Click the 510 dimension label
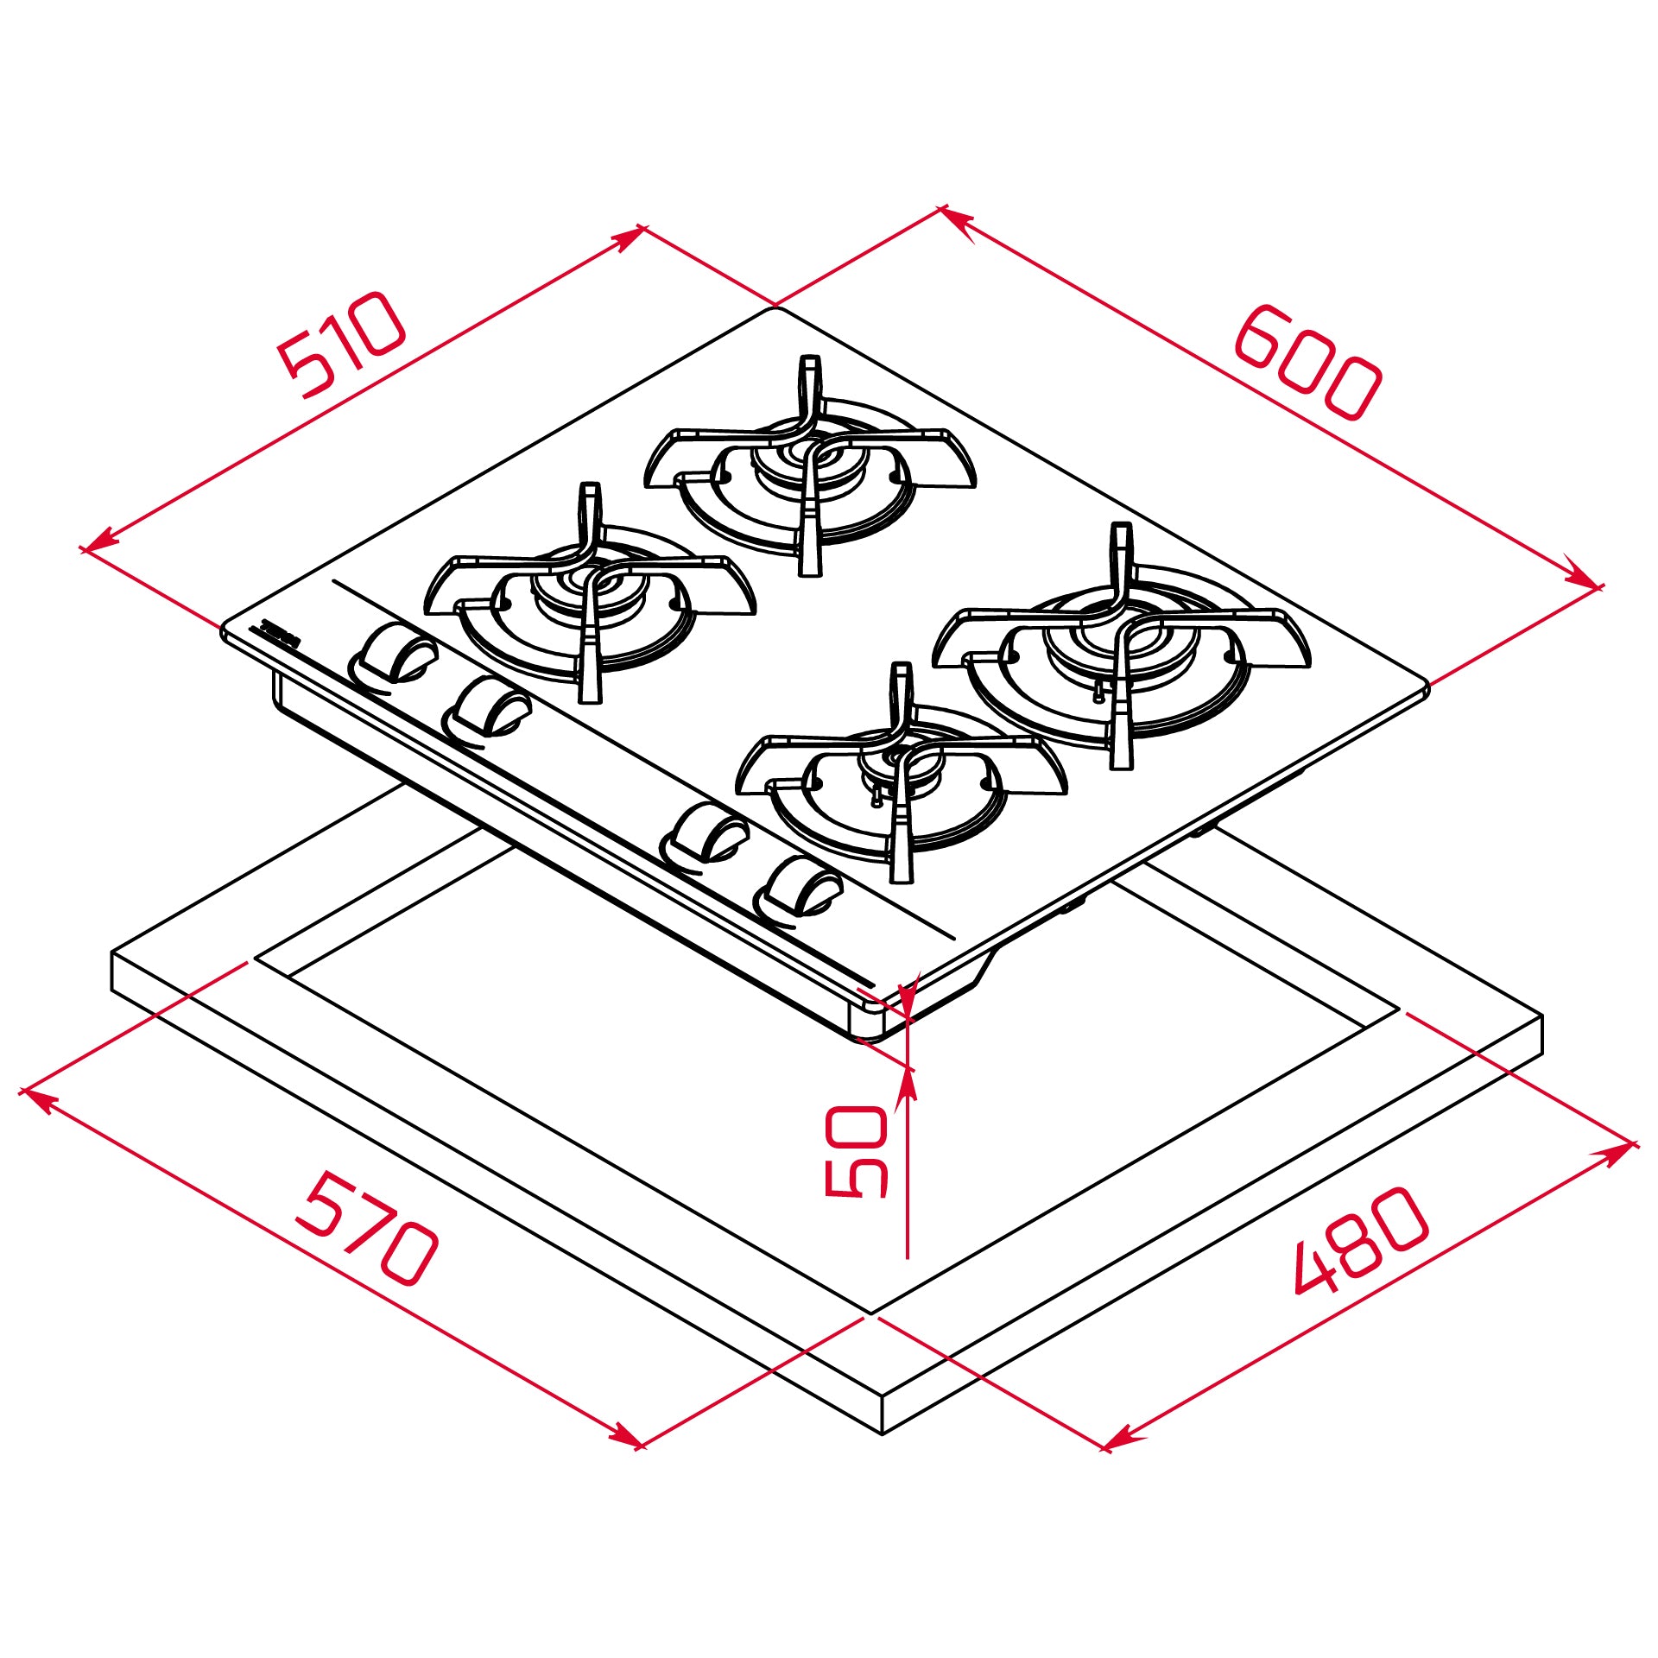341,345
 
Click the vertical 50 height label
856,1152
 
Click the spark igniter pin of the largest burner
1099,691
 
